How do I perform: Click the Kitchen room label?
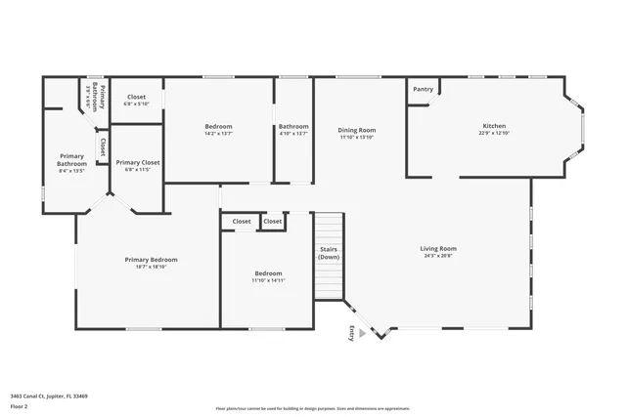[494, 125]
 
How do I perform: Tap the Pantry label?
[423, 89]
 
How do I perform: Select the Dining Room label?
[357, 130]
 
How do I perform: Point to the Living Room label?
[439, 248]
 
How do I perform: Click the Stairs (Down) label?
[329, 253]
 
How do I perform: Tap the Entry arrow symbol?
[363, 333]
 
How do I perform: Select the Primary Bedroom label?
[151, 259]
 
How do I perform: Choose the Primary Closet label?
[137, 162]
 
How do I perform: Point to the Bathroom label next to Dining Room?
[293, 126]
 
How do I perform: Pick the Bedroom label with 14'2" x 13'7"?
[218, 126]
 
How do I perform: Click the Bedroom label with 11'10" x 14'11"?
[268, 273]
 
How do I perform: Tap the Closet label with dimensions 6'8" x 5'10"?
[136, 97]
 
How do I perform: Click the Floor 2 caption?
[19, 405]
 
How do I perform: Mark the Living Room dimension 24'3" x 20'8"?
[439, 255]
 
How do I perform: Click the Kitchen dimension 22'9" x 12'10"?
[494, 133]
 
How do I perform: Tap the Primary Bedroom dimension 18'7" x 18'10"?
[151, 266]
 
